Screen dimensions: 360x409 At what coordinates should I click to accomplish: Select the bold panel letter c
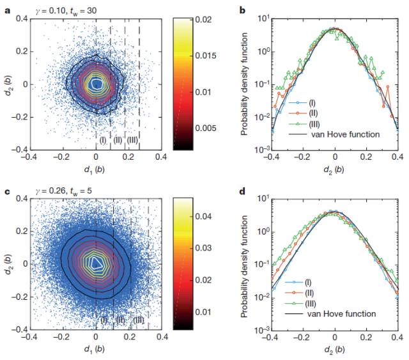point(5,190)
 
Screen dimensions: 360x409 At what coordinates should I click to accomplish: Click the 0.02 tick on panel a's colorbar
point(191,20)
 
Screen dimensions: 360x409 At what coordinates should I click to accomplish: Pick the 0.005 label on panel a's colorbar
point(192,128)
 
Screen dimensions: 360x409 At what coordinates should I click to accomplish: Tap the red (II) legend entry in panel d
point(310,293)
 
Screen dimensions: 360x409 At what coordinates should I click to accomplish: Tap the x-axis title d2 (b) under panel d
point(334,350)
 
